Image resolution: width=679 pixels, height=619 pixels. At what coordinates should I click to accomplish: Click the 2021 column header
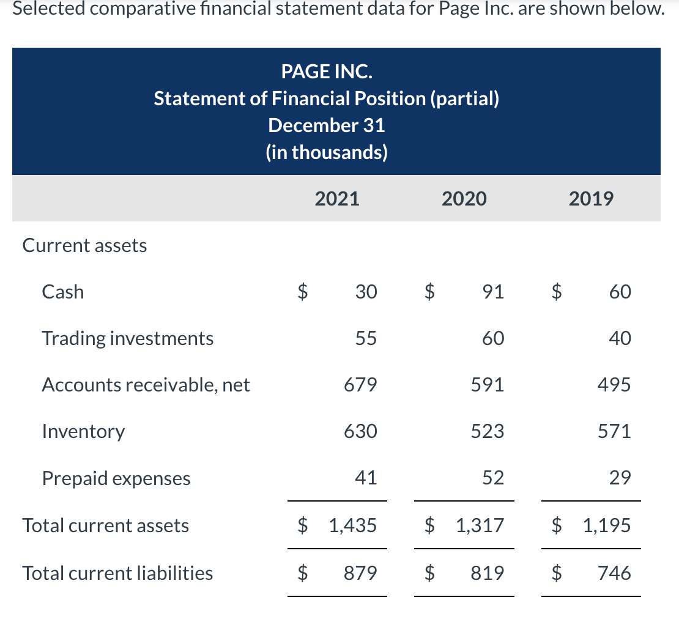tap(337, 199)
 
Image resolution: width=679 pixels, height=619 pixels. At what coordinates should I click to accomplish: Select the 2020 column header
tap(464, 199)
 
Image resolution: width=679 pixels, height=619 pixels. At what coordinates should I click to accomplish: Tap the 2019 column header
tap(591, 199)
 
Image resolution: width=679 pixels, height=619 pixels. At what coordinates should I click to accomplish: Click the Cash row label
tap(63, 292)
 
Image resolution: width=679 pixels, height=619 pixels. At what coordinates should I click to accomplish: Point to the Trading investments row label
tap(128, 338)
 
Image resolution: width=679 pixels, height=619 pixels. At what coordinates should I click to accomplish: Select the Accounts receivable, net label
tap(146, 385)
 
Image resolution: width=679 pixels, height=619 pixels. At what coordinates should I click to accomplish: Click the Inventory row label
tap(83, 431)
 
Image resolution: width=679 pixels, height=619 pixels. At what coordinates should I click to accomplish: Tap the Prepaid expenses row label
tap(116, 478)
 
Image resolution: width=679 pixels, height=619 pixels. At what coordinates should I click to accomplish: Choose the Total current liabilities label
tap(117, 573)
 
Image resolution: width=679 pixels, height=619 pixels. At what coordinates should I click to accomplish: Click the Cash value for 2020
tap(493, 292)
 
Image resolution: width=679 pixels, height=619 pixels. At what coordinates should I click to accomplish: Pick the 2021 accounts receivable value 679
tap(360, 385)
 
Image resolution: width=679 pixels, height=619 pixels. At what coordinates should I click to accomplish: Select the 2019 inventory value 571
tap(614, 431)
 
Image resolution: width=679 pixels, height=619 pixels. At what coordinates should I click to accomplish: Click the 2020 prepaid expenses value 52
tap(493, 478)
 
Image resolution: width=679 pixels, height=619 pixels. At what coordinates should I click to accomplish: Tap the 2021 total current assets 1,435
tap(352, 525)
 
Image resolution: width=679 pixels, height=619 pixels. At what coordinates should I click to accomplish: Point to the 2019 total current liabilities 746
tap(614, 573)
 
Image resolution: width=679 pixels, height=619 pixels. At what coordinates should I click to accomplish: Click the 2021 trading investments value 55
tap(366, 338)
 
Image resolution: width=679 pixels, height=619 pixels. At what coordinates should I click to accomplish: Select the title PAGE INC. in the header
tap(327, 72)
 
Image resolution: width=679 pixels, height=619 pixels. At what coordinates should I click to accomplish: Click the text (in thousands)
tap(327, 152)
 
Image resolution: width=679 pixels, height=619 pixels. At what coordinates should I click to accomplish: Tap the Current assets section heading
tap(84, 245)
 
